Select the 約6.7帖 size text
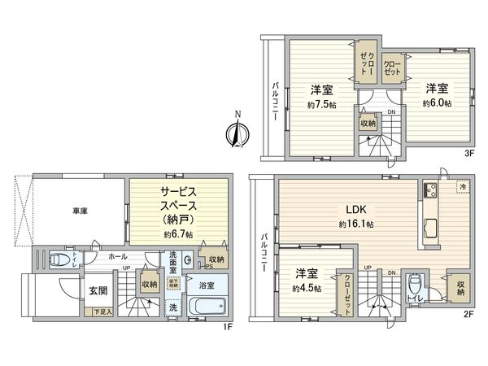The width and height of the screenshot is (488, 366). (177, 233)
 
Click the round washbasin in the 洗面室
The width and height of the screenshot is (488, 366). (188, 261)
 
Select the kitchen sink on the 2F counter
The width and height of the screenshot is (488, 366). (429, 226)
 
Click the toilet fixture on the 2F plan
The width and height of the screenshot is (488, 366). (415, 285)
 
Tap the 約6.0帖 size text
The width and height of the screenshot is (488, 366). (438, 103)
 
